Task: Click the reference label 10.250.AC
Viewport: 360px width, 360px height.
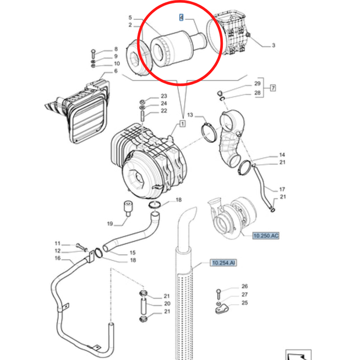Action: click(267, 235)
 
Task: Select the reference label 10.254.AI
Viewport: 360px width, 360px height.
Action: click(223, 263)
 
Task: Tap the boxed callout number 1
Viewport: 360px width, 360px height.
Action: click(182, 124)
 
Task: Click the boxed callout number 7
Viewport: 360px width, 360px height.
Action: click(272, 88)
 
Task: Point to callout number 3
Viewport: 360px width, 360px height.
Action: click(273, 45)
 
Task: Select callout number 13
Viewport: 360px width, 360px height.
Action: click(190, 116)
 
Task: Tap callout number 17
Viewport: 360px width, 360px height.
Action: click(282, 189)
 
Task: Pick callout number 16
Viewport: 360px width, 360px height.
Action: click(57, 258)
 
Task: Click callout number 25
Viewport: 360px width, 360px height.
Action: click(244, 303)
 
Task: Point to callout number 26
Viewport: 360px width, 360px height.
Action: click(244, 286)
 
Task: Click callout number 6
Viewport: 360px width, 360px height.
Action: click(116, 71)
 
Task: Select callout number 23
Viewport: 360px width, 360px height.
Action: click(147, 96)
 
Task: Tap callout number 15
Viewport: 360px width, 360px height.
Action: click(132, 253)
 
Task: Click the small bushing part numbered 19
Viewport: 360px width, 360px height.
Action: click(125, 208)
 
